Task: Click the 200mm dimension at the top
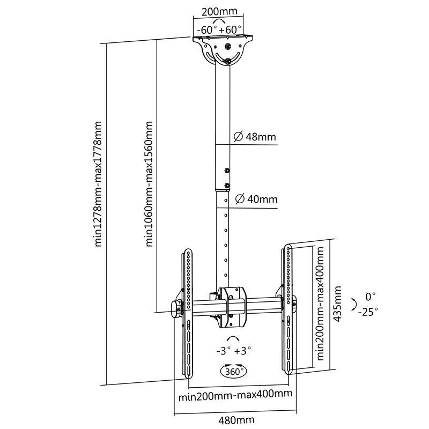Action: (219, 11)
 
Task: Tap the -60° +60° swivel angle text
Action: (219, 29)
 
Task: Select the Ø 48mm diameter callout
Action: (255, 137)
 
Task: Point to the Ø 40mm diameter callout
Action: (256, 199)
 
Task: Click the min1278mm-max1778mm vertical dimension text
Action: (98, 184)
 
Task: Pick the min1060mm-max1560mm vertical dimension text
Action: (149, 184)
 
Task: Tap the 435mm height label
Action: (338, 304)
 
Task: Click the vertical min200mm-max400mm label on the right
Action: (320, 304)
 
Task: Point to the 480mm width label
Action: (236, 420)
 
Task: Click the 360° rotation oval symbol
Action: (234, 371)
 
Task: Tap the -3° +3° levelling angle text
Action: (234, 351)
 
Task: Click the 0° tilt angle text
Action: (370, 297)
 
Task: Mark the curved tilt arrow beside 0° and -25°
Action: (354, 304)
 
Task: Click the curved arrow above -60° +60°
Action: (219, 21)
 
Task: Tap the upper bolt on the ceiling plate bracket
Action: (228, 47)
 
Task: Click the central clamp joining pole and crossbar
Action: (232, 307)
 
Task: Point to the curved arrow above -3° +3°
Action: (233, 338)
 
